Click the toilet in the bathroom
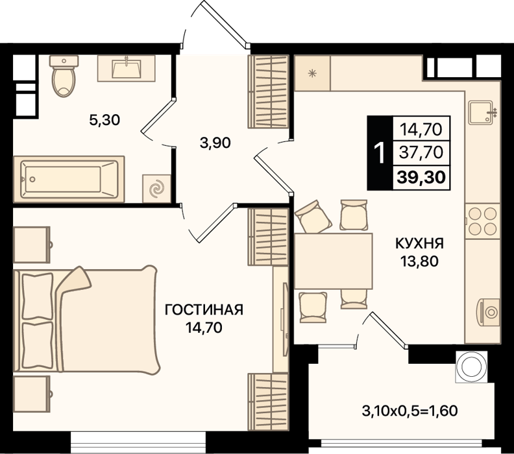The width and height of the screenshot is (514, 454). tap(64, 76)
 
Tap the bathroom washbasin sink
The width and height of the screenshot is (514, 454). tap(126, 68)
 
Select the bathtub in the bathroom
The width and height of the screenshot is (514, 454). tap(69, 179)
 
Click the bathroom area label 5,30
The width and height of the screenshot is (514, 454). tap(104, 120)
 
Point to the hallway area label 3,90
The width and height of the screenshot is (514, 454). tap(215, 143)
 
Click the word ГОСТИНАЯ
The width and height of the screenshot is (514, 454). tap(204, 309)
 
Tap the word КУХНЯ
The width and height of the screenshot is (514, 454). tap(420, 243)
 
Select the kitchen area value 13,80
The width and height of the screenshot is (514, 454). tap(419, 261)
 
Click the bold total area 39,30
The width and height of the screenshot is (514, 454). tap(421, 177)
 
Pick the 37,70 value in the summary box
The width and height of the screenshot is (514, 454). tap(421, 152)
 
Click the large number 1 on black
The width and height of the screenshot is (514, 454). tap(380, 153)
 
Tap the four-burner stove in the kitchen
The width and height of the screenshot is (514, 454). tap(483, 221)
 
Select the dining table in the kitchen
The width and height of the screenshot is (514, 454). tap(334, 261)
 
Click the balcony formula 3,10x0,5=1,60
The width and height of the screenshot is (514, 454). tap(410, 411)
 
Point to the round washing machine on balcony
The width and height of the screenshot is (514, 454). tap(471, 366)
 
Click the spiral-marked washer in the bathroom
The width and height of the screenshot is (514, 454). tap(156, 189)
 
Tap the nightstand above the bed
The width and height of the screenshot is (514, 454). tap(32, 245)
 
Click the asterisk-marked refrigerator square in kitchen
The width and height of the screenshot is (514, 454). tap(312, 73)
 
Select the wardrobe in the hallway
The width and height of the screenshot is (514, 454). tap(269, 91)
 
